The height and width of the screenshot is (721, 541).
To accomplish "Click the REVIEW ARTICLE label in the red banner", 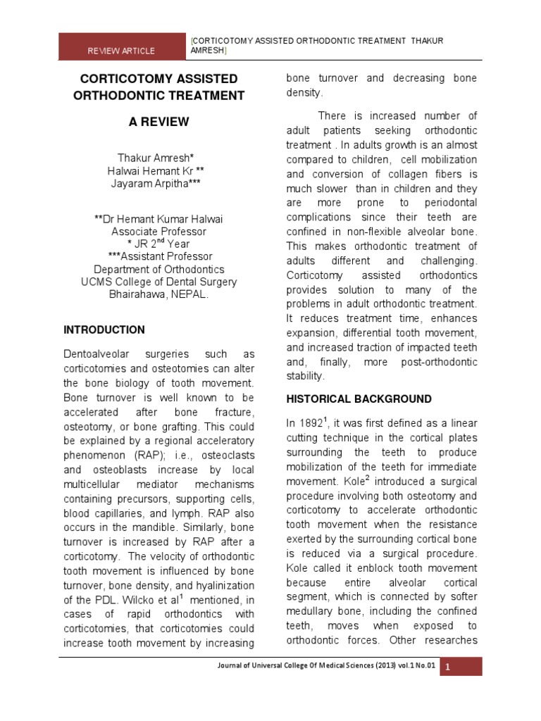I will (121, 51).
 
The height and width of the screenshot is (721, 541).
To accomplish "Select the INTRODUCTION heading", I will (104, 330).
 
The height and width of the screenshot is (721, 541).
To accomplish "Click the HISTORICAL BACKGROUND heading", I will (359, 399).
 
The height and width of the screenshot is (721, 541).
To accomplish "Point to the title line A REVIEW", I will (158, 122).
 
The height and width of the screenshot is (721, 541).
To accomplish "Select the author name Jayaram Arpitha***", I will (158, 184).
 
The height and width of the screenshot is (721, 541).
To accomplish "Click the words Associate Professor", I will (158, 231).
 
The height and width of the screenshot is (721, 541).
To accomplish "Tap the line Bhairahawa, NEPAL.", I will (158, 294).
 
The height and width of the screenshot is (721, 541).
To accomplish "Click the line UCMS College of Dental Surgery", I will (158, 282).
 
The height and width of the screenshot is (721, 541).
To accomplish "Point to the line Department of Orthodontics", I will (158, 269).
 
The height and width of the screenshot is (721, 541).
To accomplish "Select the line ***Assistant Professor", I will (158, 256).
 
